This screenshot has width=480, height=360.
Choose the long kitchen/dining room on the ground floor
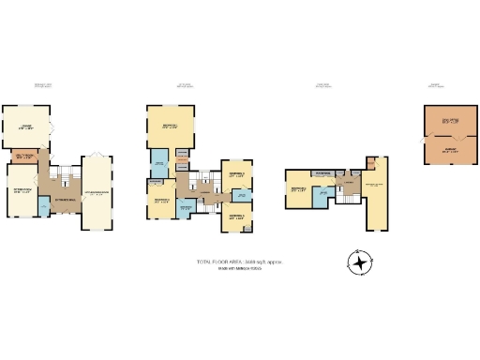coord(96,192)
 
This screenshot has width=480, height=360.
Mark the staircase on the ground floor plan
coord(65,176)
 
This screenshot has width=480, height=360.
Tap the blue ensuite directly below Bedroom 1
coord(159,161)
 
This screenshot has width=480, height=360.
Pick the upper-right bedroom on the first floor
coord(235,174)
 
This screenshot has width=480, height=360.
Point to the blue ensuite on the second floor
coord(323,194)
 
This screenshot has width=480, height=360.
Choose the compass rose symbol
coord(360,262)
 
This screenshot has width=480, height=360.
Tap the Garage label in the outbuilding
coord(448,149)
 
